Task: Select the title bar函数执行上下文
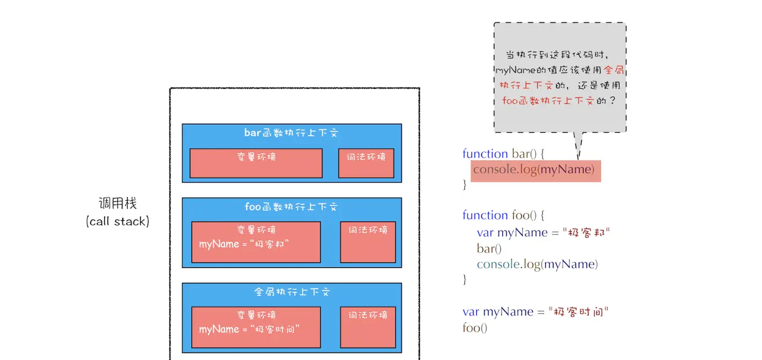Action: point(291,133)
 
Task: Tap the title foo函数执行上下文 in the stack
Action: point(291,207)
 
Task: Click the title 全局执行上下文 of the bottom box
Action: point(291,292)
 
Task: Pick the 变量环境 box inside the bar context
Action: point(256,163)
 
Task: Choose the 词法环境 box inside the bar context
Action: point(366,163)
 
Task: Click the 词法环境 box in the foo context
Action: point(368,242)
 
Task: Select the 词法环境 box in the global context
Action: point(368,327)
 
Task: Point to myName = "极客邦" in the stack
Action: point(244,244)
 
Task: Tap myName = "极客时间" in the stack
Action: point(249,329)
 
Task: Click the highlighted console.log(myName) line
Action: point(535,169)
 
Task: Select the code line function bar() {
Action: point(503,154)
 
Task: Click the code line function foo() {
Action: point(504,215)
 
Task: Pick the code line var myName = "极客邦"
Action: point(544,232)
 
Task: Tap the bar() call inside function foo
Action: point(489,248)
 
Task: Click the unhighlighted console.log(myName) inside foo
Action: point(537,264)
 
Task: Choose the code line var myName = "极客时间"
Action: point(536,312)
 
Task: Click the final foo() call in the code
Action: point(474,327)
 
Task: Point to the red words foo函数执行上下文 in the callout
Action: point(548,101)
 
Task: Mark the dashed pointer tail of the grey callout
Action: point(578,146)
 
